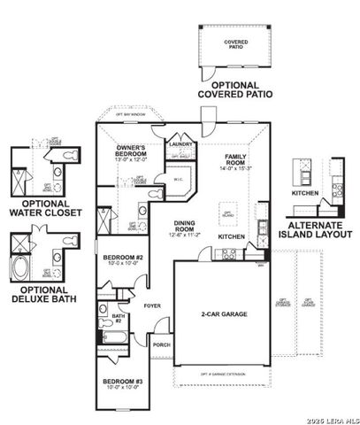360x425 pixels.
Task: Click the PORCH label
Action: pos(160,345)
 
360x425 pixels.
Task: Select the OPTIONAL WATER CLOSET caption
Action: pos(38,208)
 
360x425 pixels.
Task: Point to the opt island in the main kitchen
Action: pos(228,213)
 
